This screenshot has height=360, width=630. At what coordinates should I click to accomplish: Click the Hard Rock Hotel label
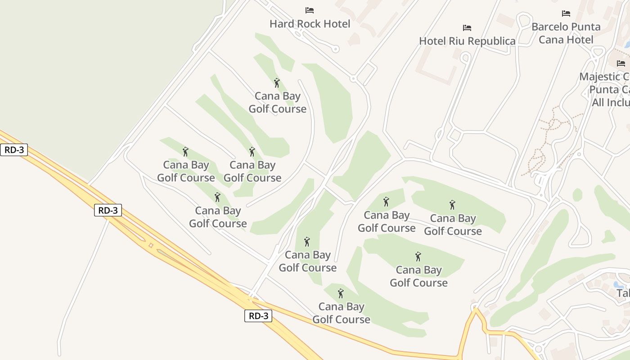tap(310, 24)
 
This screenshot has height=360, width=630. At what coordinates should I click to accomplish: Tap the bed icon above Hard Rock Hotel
tap(310, 10)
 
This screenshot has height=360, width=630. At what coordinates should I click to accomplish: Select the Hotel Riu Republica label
tap(467, 41)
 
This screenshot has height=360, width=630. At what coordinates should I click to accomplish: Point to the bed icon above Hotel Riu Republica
tap(467, 28)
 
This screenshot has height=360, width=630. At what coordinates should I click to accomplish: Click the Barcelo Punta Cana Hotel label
tap(566, 33)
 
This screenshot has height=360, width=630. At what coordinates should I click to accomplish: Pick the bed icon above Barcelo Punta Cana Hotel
tap(566, 13)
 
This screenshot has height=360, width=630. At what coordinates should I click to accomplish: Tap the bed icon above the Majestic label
tap(621, 63)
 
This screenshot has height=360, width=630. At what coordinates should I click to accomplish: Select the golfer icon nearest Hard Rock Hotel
tap(277, 83)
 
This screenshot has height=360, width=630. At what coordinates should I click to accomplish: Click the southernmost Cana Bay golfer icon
tap(341, 293)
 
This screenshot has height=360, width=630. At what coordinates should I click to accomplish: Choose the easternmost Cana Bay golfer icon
tap(452, 205)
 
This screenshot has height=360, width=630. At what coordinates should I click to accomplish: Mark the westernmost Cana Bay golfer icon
tap(185, 152)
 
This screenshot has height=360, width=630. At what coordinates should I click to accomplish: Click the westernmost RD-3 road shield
tap(14, 150)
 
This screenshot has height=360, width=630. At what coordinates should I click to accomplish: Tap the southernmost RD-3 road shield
tap(258, 316)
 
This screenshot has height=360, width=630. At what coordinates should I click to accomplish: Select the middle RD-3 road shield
tap(108, 210)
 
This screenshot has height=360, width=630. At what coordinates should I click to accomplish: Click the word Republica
tap(493, 41)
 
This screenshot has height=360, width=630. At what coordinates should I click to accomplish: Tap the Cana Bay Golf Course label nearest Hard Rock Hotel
tap(278, 103)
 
